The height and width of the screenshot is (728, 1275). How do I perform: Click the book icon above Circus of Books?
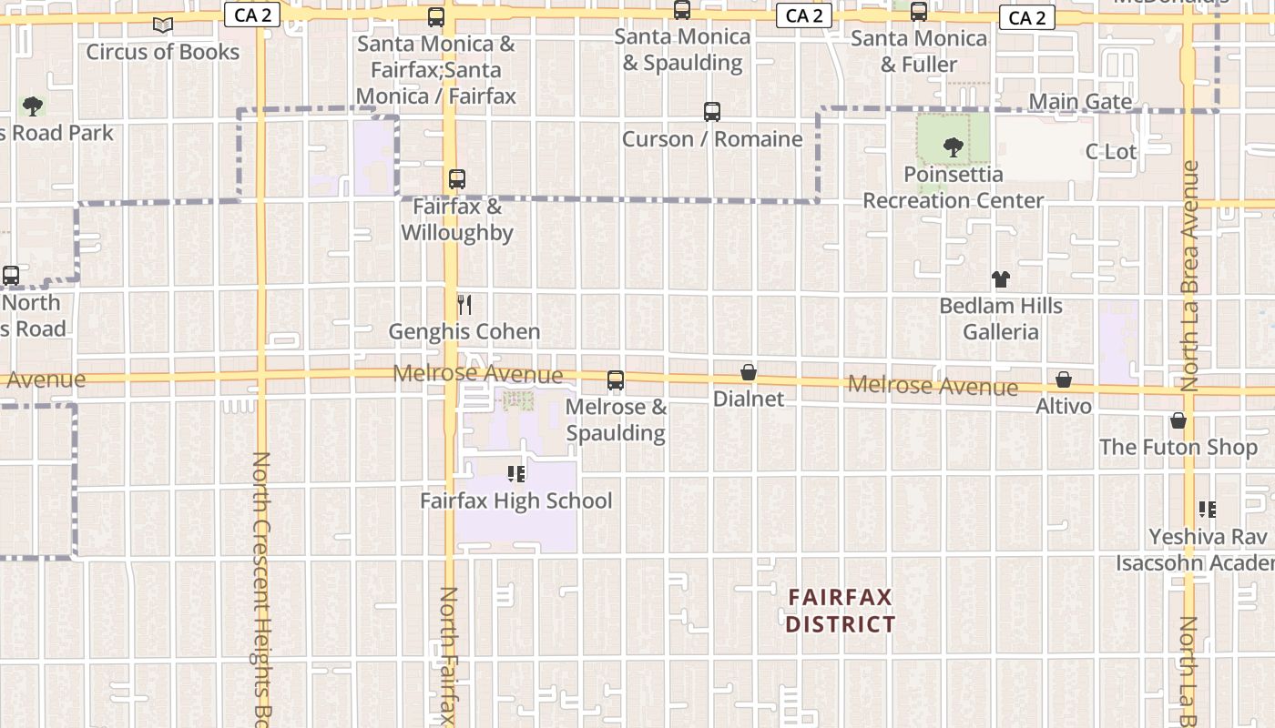(x=163, y=25)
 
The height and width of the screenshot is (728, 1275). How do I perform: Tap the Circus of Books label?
(x=163, y=52)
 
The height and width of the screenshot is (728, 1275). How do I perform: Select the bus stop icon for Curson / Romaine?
(x=712, y=112)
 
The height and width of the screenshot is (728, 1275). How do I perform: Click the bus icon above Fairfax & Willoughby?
(x=457, y=179)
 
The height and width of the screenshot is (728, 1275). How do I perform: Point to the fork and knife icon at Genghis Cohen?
(x=464, y=304)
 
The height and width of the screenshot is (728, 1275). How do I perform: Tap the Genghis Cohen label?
(x=464, y=332)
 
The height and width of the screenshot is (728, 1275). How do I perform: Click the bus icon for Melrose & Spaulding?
(x=616, y=380)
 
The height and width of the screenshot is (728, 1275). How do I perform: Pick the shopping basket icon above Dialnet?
(x=749, y=372)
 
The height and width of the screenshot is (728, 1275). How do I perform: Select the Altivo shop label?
(x=1064, y=406)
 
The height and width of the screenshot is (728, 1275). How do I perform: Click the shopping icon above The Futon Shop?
(x=1178, y=420)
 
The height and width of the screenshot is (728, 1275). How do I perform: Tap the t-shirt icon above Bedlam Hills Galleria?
(x=1001, y=279)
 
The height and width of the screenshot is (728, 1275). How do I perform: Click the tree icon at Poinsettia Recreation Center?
(x=954, y=147)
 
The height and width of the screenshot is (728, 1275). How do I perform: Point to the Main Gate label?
(x=1081, y=102)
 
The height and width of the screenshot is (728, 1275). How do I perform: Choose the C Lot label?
(x=1111, y=152)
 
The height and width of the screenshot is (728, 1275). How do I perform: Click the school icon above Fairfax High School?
(x=516, y=473)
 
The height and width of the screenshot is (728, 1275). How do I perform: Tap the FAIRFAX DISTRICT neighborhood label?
(x=841, y=611)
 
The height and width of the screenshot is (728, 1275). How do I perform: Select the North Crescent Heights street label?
(x=261, y=582)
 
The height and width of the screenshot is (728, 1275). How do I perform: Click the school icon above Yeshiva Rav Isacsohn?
(x=1208, y=510)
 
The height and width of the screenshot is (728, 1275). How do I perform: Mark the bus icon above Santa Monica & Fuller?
(x=919, y=12)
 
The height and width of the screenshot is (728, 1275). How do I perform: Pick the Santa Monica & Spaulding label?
(x=682, y=50)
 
